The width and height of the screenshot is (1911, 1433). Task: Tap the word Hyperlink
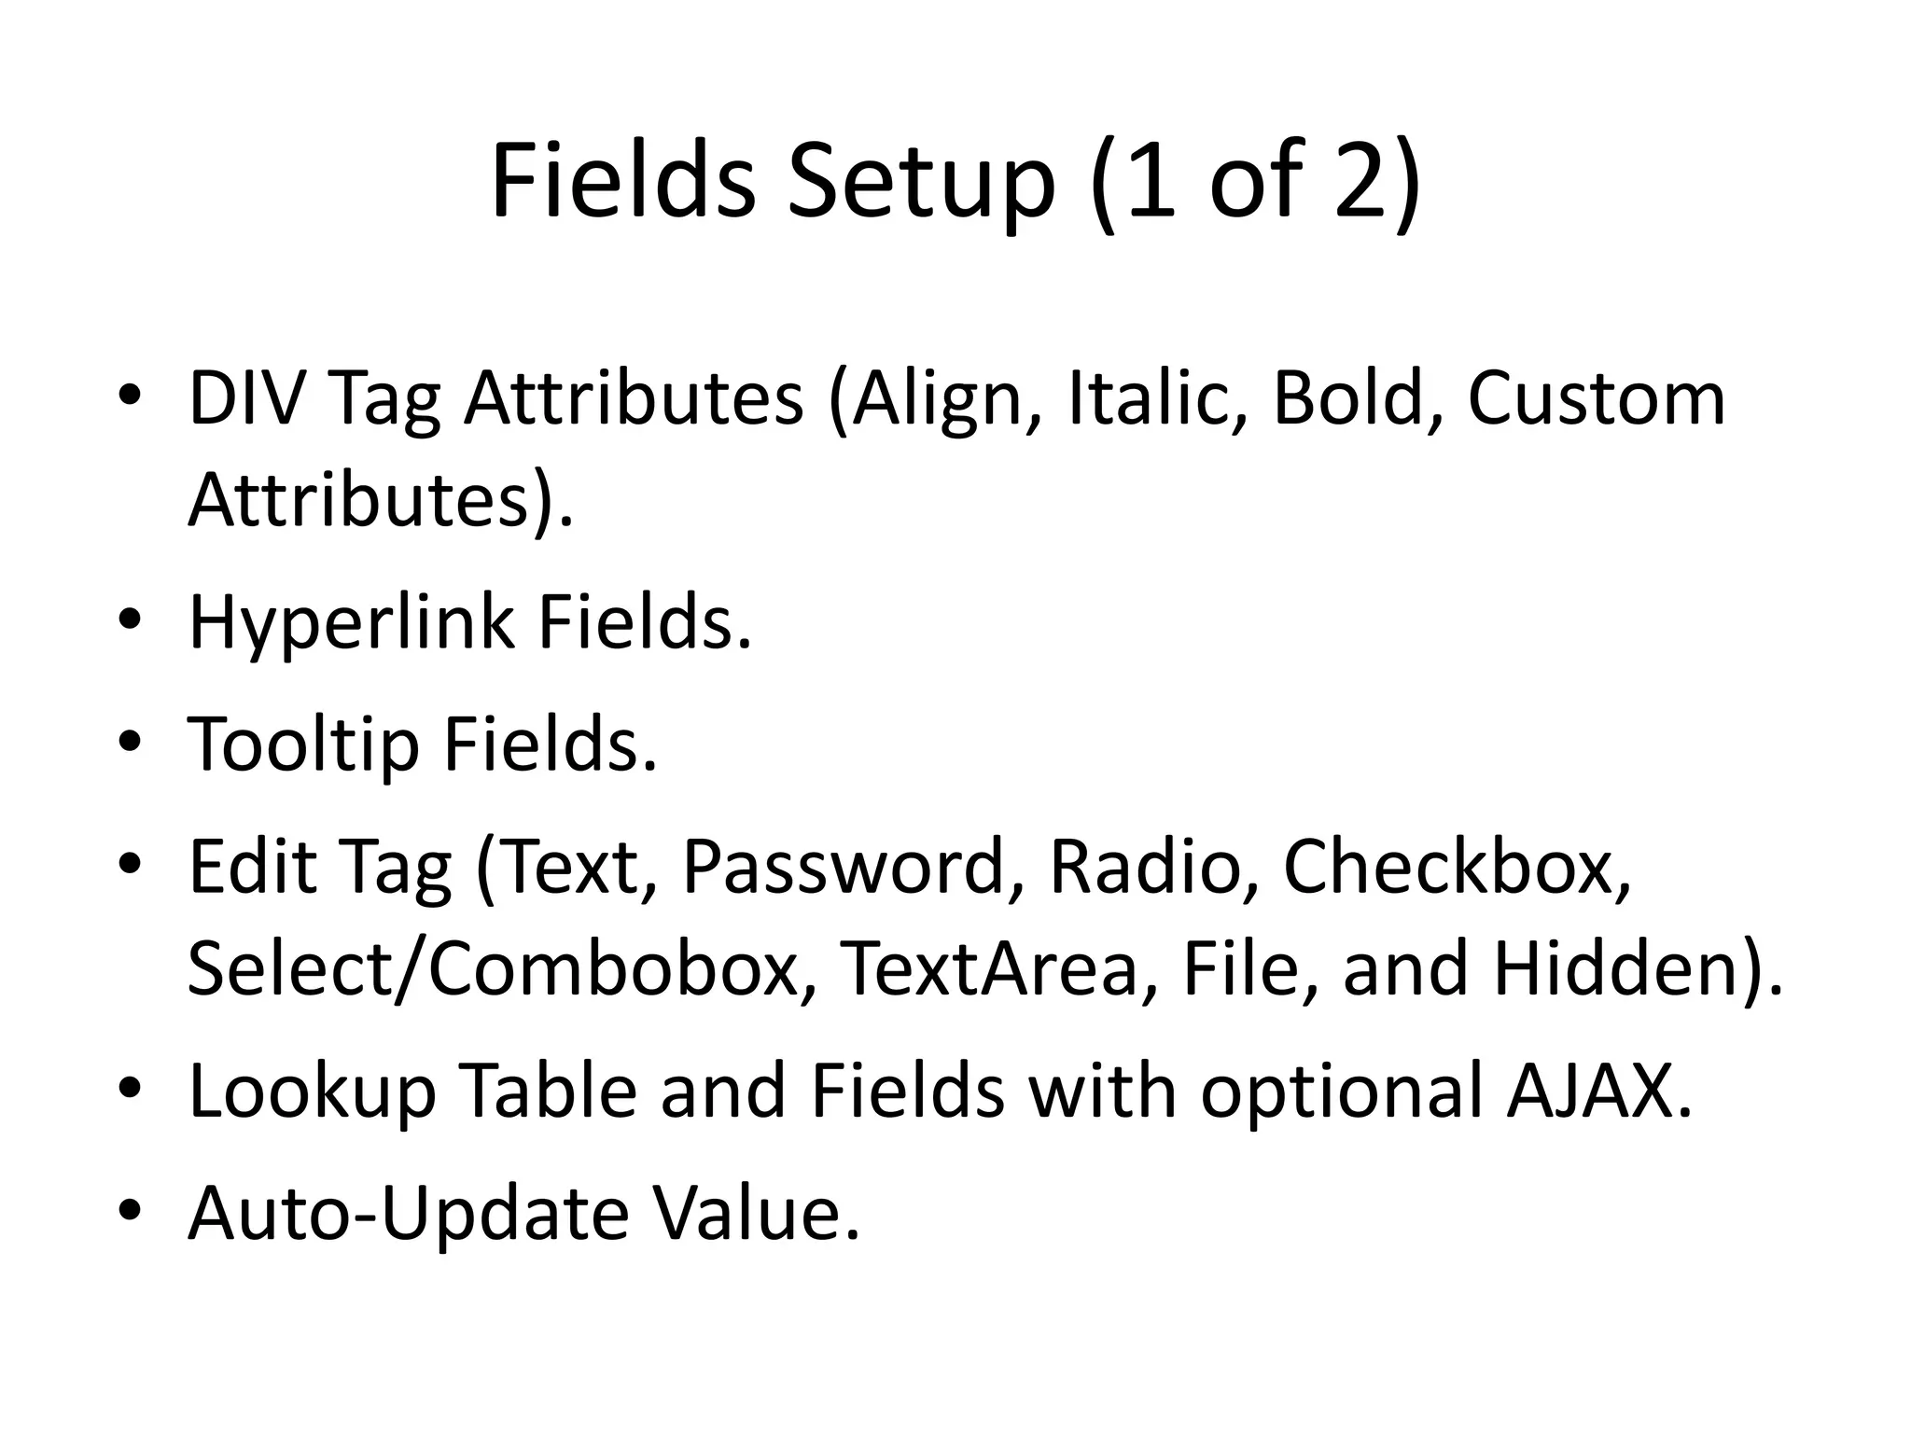point(351,623)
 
